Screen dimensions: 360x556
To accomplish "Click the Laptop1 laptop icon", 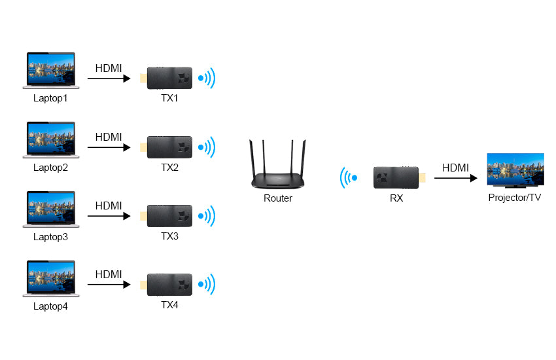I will point(50,71).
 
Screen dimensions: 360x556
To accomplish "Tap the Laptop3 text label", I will point(50,237).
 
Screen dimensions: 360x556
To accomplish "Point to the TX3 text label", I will point(169,236).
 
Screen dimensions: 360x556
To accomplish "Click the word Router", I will point(278,198).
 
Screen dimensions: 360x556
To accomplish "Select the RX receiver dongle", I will point(396,177).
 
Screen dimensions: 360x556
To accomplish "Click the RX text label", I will point(396,198).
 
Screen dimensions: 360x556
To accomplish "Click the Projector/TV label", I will point(515,198).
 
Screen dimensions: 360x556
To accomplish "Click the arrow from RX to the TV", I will point(455,177).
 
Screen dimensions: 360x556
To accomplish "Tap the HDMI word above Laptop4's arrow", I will point(109,274).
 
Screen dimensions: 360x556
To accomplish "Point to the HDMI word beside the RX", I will point(455,168).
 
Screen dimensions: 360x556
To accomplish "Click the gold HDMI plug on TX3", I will point(144,216).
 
